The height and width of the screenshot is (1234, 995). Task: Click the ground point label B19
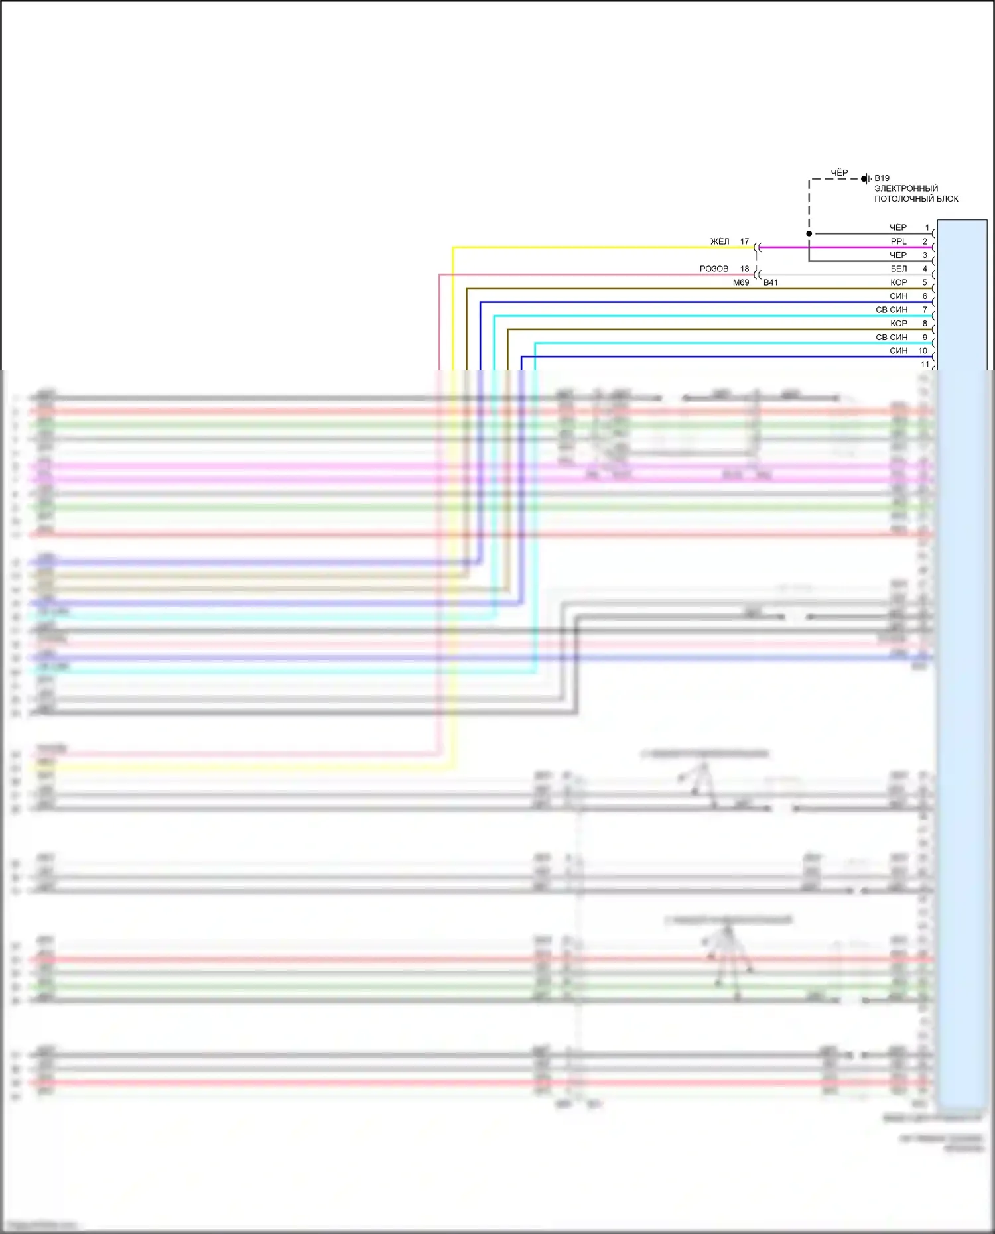pos(882,178)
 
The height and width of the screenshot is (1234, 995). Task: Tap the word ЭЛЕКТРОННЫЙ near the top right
pos(906,188)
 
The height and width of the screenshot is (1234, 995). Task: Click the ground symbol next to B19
pos(865,179)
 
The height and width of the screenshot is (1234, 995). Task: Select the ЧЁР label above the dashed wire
pos(839,173)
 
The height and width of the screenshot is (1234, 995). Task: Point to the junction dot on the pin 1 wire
pos(809,233)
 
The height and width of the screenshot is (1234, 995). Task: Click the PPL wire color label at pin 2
pos(898,242)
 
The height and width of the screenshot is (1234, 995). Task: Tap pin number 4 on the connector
pos(925,269)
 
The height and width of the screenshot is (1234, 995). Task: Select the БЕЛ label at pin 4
pos(899,269)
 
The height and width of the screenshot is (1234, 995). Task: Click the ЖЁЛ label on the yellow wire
pos(720,242)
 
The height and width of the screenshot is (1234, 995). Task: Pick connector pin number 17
pos(744,242)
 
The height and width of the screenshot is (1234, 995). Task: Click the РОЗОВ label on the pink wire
pos(714,269)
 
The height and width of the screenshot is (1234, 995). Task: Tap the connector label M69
pos(741,283)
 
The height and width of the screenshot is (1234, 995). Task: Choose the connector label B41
pos(771,283)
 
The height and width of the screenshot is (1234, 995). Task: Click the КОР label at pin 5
pos(899,283)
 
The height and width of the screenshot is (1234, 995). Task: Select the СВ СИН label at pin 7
pos(892,310)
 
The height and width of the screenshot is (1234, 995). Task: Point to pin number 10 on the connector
pos(923,351)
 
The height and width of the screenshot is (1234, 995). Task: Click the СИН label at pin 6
pos(899,296)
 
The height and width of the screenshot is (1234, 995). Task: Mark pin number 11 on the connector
pos(925,365)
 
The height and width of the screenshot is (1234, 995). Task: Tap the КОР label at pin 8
pos(899,324)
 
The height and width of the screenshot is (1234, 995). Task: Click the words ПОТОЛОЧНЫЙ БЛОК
pos(916,199)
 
